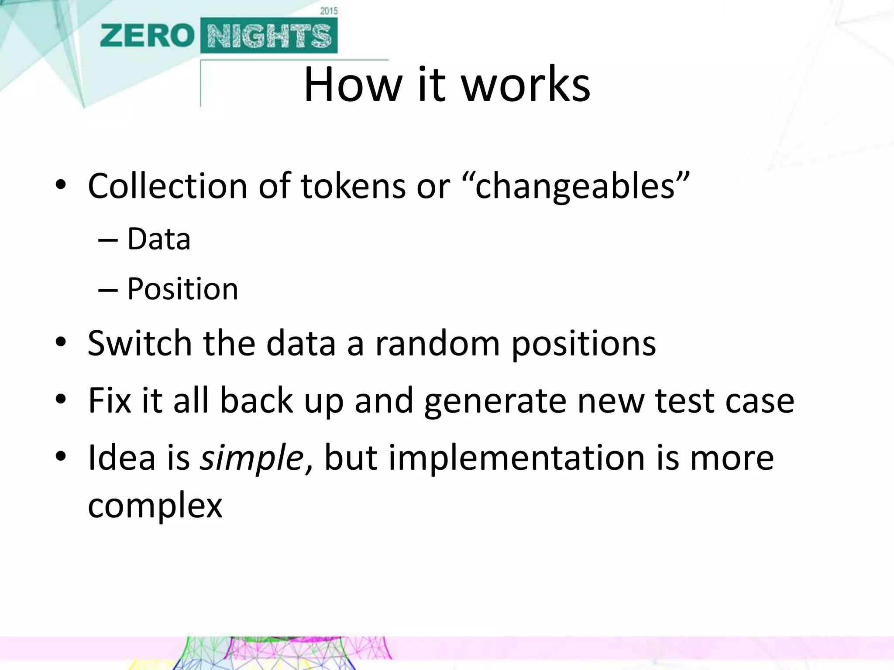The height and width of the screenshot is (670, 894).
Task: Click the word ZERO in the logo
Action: (x=147, y=36)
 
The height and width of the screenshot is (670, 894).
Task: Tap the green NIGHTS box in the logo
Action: (x=269, y=36)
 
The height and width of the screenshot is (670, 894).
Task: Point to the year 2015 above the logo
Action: (x=329, y=11)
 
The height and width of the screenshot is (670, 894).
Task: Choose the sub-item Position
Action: (x=182, y=289)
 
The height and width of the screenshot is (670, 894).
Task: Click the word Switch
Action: (x=140, y=343)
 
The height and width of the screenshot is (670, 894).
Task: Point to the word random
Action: (x=437, y=343)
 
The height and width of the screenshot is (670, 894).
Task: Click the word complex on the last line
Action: (x=155, y=506)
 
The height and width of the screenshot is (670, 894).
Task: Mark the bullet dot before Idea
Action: (x=61, y=457)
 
